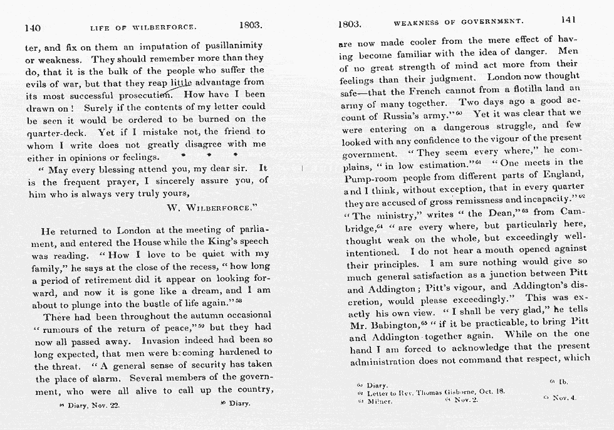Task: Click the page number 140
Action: (33, 28)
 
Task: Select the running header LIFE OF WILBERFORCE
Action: (143, 28)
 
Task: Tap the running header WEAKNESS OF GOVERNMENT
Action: (458, 23)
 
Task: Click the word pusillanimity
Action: (231, 46)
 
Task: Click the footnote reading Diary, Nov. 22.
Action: (90, 405)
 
